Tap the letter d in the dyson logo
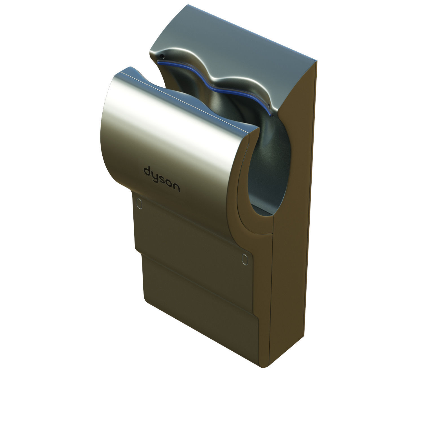click(147, 171)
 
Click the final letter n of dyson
click(177, 188)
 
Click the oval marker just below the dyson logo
click(139, 203)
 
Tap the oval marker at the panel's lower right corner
click(244, 260)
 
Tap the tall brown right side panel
click(293, 226)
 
